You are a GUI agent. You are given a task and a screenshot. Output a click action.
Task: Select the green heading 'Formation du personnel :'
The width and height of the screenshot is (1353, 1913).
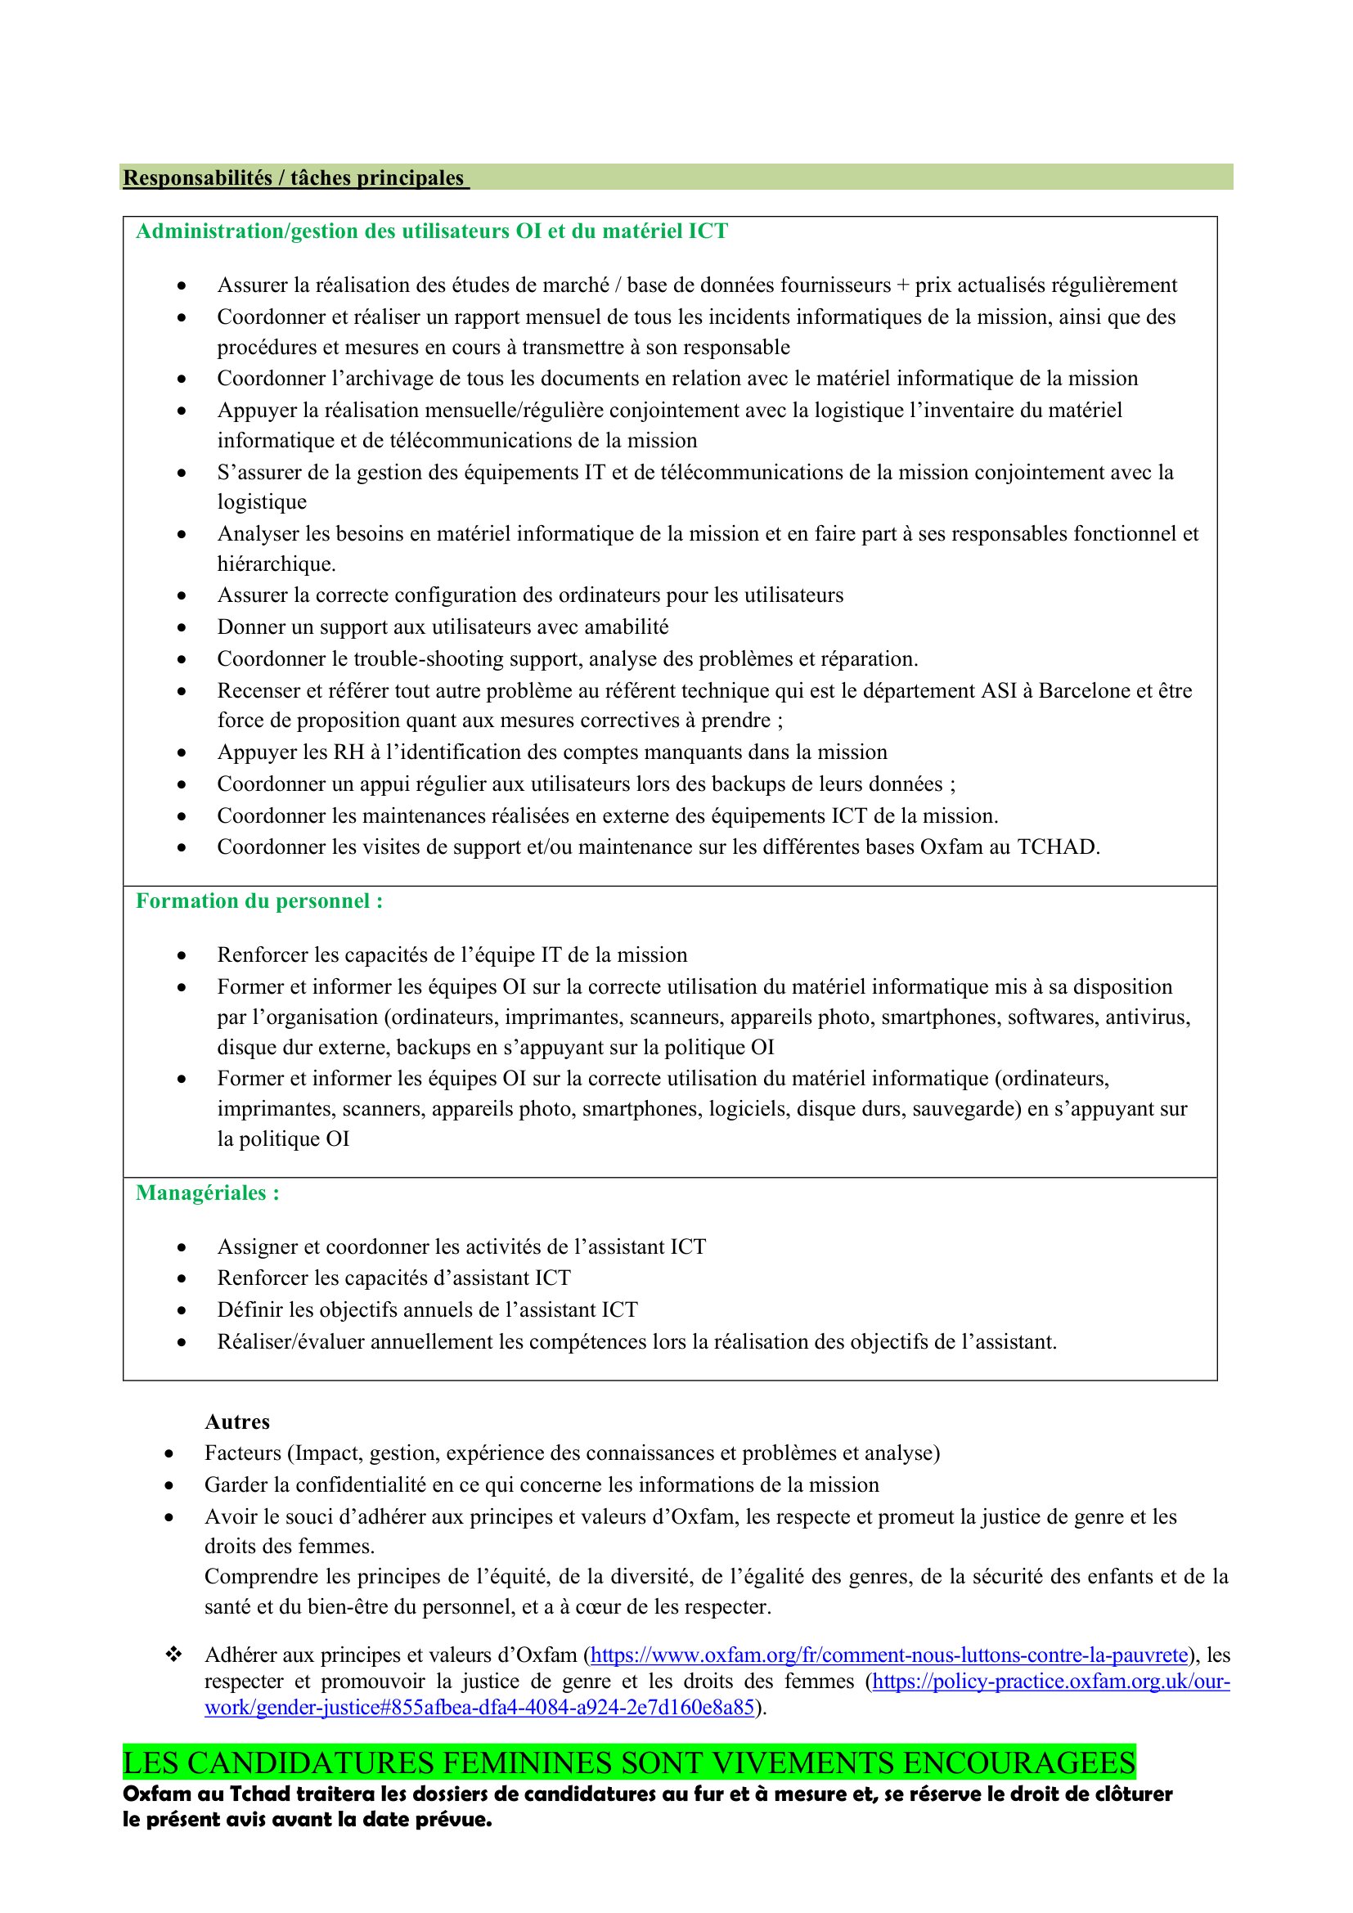tap(259, 901)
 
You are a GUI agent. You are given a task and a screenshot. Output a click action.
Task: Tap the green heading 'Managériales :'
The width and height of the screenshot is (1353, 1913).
tap(208, 1193)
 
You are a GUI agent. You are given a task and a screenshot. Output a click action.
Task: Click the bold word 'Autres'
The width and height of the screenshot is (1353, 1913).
tap(237, 1422)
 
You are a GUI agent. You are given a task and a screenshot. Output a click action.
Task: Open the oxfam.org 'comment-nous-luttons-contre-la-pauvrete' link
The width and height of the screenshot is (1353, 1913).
tap(889, 1655)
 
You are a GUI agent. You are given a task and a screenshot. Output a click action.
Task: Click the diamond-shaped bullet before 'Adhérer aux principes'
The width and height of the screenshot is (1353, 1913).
tap(173, 1655)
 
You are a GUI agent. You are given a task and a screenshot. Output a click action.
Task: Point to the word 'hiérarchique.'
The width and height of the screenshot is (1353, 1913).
tap(276, 565)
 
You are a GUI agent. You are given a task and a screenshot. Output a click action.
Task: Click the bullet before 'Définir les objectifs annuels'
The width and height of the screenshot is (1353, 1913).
tap(182, 1310)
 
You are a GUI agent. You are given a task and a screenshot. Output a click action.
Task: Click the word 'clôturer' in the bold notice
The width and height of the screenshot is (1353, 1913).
tap(1130, 1794)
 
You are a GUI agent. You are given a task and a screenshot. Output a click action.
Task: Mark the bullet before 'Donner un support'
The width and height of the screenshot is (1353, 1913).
tap(182, 627)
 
